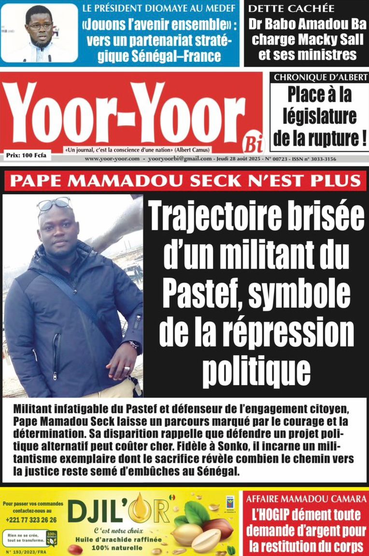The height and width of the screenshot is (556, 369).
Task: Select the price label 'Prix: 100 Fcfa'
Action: point(26,155)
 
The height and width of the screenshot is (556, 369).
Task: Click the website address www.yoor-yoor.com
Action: point(112,159)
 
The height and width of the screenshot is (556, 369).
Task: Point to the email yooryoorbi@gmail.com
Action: point(180,159)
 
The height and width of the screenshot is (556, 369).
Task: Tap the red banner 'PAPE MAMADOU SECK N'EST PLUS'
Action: point(185,181)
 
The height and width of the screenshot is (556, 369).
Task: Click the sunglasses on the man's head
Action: point(54,204)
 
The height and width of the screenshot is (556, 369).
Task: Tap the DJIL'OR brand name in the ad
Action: point(118,511)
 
